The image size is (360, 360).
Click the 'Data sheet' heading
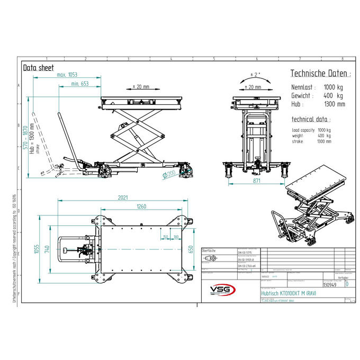[x=38, y=67]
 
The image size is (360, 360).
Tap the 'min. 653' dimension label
[x=79, y=84]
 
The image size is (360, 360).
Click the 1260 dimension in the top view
[x=141, y=206]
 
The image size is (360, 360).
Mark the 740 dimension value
[x=48, y=249]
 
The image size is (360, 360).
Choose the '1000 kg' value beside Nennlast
[x=334, y=87]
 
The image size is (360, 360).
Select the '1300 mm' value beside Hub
[x=334, y=104]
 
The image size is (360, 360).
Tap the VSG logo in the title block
[x=223, y=290]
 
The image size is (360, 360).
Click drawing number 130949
[x=329, y=284]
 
